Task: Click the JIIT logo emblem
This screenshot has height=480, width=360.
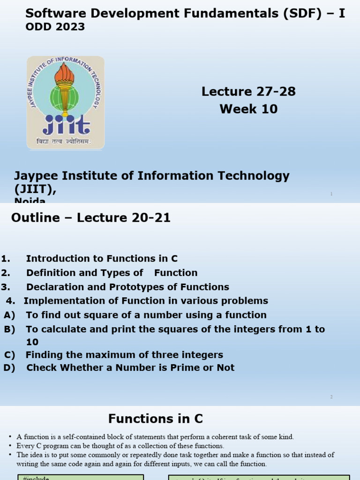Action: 66,102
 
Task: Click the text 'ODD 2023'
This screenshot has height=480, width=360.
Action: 55,27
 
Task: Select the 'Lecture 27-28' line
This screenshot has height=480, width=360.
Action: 248,91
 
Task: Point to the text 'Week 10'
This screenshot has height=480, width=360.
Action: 248,109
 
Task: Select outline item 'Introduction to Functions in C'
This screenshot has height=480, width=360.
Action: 102,259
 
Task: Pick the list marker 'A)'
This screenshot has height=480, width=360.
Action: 9,315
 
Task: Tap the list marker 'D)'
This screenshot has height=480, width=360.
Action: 9,367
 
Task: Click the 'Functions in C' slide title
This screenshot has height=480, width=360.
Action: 156,419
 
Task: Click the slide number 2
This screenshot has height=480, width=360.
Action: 331,397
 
